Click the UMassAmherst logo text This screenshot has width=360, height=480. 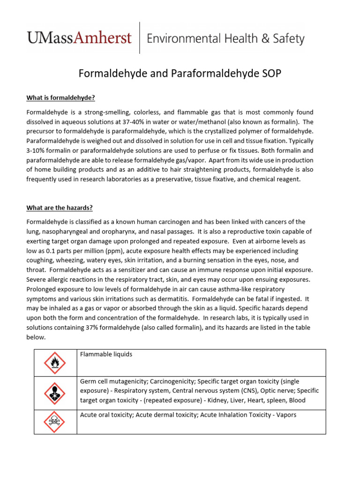(80, 38)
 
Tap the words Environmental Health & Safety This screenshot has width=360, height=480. (225, 38)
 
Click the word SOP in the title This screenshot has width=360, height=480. (271, 74)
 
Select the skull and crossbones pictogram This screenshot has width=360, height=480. (55, 422)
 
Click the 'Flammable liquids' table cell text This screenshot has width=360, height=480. (106, 354)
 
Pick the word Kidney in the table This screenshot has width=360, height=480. (215, 400)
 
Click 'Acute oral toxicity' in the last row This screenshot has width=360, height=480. (107, 415)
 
